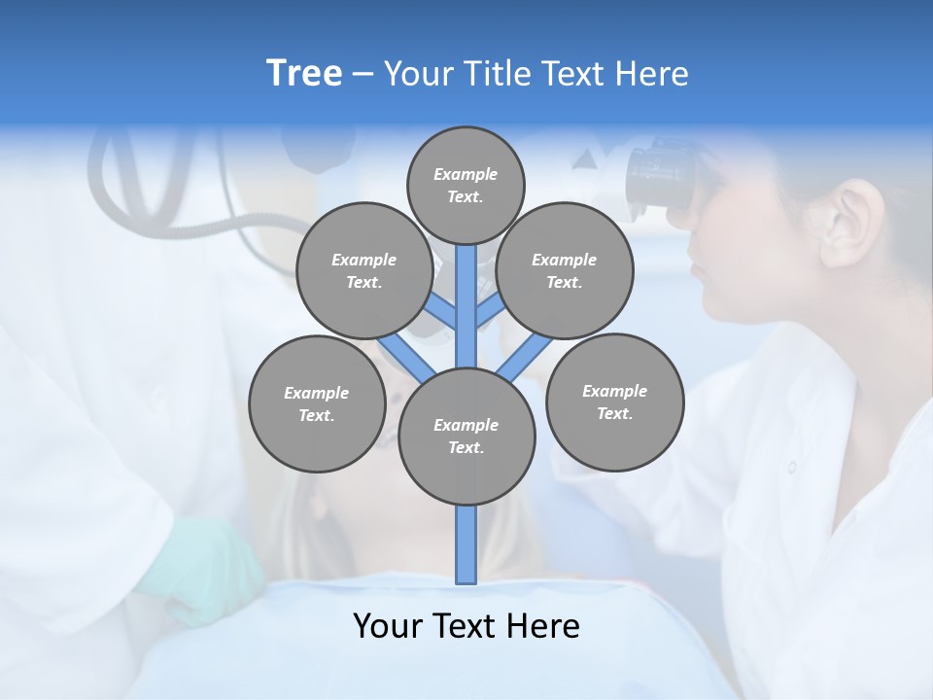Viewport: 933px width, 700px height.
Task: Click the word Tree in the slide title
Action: pos(304,74)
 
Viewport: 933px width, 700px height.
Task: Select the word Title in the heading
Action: pos(500,74)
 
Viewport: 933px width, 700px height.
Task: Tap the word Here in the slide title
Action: pos(651,74)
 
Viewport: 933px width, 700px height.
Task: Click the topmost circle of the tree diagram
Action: pos(466,185)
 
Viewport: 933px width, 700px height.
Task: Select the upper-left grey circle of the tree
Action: pos(363,270)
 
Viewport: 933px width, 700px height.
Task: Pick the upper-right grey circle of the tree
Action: pos(565,270)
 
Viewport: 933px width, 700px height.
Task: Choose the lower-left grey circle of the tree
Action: pos(317,403)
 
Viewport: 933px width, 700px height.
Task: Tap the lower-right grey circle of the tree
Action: pos(614,402)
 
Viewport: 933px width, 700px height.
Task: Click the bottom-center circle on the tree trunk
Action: pos(466,437)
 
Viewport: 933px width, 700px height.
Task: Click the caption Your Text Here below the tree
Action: pos(466,626)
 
